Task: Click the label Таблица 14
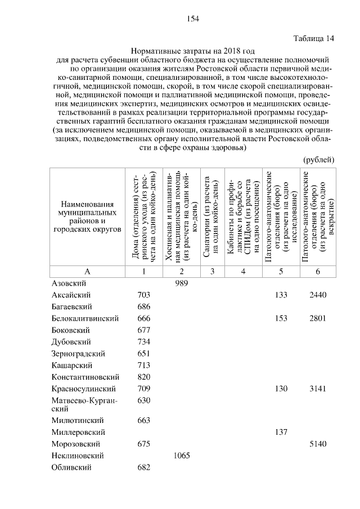pyautogui.click(x=314, y=38)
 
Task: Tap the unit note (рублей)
pyautogui.click(x=319, y=160)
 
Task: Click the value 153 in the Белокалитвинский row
pyautogui.click(x=281, y=318)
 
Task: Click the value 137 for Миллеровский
pyautogui.click(x=281, y=432)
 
